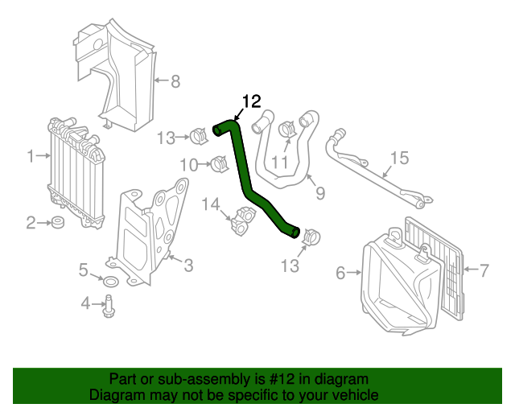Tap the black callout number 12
point(251,101)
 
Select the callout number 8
point(175,80)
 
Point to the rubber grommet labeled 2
point(57,222)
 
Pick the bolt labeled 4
point(108,305)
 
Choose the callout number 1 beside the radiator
point(31,156)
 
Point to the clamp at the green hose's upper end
point(200,134)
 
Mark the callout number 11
point(278,163)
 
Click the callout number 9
point(319,193)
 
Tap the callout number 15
point(400,159)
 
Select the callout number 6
point(340,274)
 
